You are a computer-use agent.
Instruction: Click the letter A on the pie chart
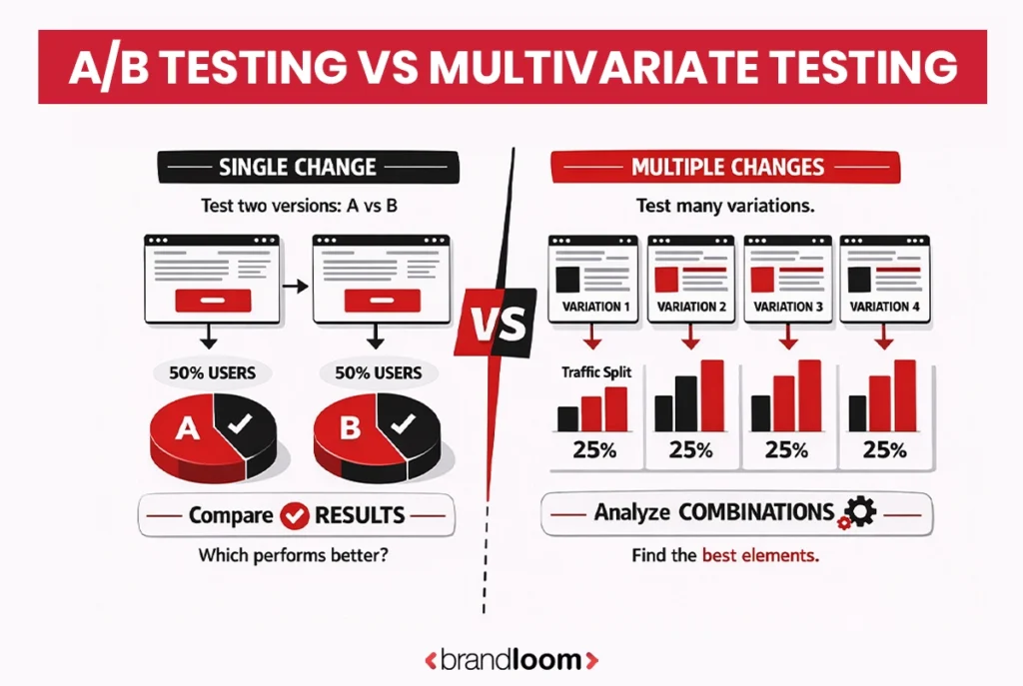pyautogui.click(x=186, y=429)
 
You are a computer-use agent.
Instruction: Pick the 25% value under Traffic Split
pyautogui.click(x=594, y=448)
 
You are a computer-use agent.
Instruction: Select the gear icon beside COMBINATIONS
pyautogui.click(x=857, y=513)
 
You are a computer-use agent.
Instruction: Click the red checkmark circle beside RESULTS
pyautogui.click(x=294, y=516)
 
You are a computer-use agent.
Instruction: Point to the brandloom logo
pyautogui.click(x=511, y=659)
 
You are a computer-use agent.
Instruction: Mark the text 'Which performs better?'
pyautogui.click(x=293, y=555)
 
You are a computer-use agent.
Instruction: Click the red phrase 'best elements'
pyautogui.click(x=760, y=556)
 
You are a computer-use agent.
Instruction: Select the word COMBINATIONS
pyautogui.click(x=756, y=512)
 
